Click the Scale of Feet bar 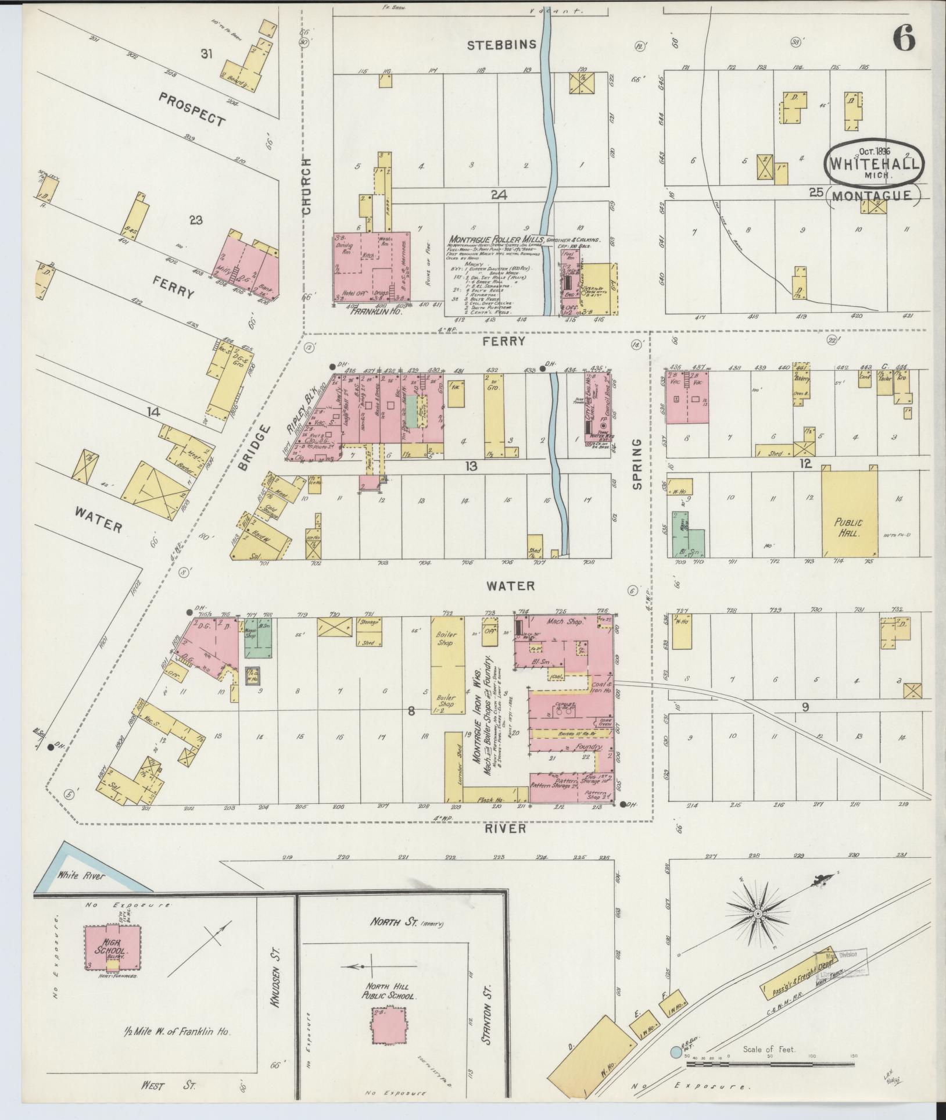770,1064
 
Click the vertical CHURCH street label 307,187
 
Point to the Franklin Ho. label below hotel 370,311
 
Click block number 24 498,196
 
